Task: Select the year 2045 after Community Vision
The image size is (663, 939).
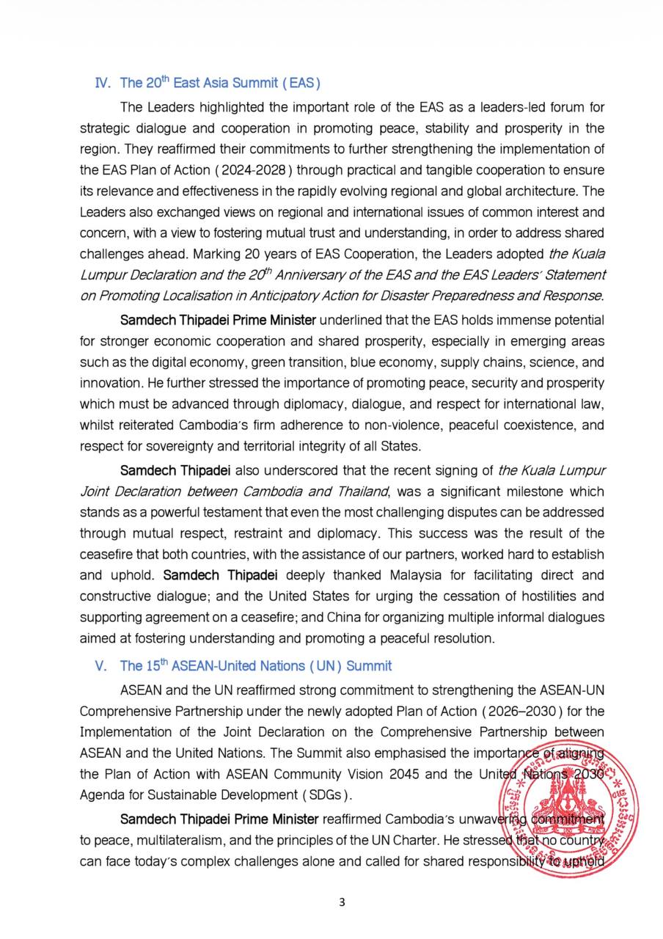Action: click(418, 773)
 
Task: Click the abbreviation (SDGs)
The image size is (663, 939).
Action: click(324, 794)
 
